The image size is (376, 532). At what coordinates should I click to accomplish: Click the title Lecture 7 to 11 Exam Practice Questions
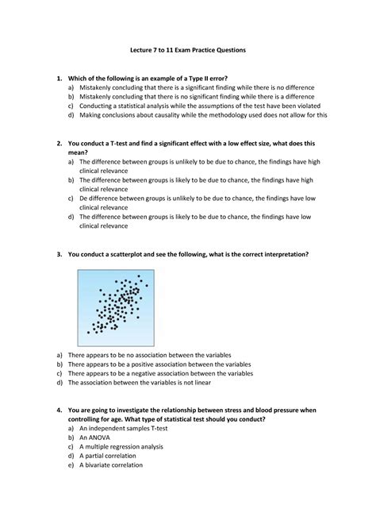[x=188, y=50]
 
